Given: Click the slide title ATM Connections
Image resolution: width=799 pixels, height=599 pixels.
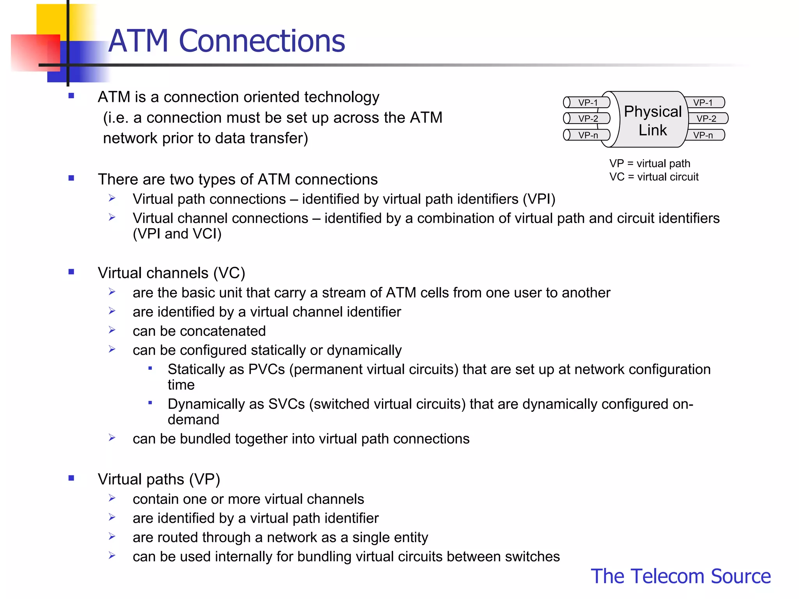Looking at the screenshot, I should [x=226, y=41].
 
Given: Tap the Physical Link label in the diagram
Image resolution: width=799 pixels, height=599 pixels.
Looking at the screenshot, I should [x=653, y=120].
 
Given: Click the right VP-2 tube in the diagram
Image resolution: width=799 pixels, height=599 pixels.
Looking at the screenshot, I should [x=707, y=119].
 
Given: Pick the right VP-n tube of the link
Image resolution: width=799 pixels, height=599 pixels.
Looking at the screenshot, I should [x=704, y=135].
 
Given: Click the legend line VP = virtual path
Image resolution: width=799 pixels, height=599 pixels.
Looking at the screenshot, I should [x=650, y=163].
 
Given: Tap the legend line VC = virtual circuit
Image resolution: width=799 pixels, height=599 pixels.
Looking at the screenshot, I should [x=654, y=177].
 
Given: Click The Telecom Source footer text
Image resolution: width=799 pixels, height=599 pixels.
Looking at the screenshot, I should [x=680, y=576].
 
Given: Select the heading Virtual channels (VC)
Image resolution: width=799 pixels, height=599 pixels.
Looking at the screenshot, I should [x=171, y=273].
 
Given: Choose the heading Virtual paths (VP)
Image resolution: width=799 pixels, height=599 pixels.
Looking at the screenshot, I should [x=159, y=479].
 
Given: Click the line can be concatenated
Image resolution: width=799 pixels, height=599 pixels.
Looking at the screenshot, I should [x=199, y=331].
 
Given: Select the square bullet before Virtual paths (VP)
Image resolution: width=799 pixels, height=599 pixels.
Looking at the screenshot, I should [x=71, y=478].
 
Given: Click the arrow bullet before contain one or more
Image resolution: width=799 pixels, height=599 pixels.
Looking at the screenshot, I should [x=112, y=498].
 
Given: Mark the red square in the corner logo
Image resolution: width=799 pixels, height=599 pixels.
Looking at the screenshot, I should [x=35, y=53].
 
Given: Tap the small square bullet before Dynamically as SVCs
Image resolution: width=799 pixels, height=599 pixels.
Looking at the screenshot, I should [x=150, y=403].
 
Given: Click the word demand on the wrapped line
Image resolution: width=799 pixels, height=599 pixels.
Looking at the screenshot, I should [x=193, y=420].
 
